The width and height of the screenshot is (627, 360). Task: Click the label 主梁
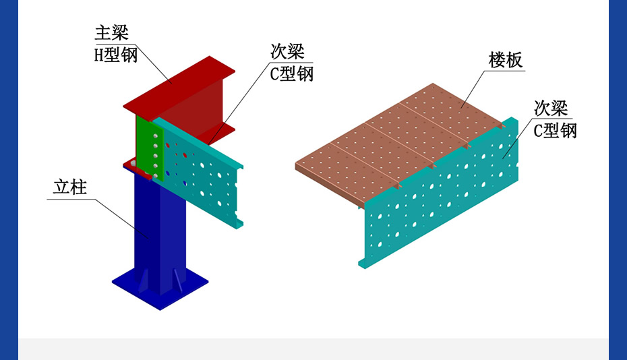click(x=111, y=33)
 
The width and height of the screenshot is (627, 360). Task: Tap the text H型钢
click(x=115, y=55)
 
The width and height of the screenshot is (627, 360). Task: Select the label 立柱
click(x=71, y=187)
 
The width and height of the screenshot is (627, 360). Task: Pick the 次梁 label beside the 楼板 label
click(x=551, y=108)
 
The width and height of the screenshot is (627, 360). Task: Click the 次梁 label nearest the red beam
click(x=288, y=51)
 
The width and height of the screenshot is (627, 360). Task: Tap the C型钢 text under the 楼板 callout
click(x=556, y=131)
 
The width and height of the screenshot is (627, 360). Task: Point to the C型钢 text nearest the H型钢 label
click(x=292, y=73)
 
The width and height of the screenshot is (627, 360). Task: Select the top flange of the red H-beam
click(x=179, y=84)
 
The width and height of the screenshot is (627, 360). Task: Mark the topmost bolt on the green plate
click(x=156, y=136)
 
